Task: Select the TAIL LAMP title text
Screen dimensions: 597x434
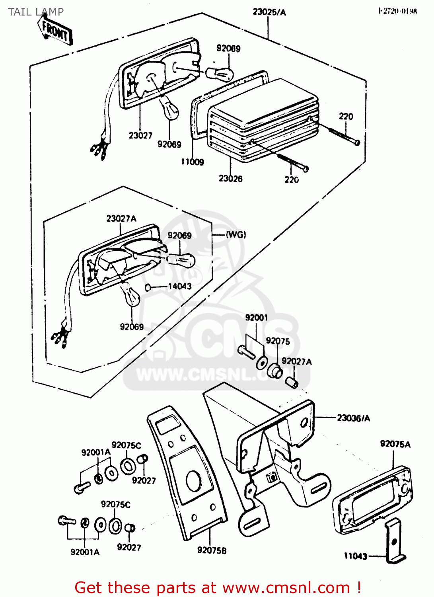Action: [x=36, y=12]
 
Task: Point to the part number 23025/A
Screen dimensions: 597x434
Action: [x=269, y=12]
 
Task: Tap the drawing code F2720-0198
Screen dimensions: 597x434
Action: [x=397, y=11]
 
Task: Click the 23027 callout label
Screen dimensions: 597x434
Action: [x=140, y=136]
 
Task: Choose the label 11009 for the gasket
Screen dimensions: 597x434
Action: [x=192, y=162]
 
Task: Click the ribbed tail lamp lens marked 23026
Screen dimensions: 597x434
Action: [x=263, y=119]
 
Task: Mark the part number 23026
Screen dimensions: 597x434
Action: [x=230, y=179]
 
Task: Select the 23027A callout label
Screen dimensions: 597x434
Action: [x=121, y=219]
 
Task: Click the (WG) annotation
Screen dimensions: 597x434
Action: [x=236, y=235]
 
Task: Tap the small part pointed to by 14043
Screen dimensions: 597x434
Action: [x=148, y=287]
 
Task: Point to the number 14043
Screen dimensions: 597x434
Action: [x=180, y=286]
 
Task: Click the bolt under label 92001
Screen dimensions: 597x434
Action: [x=246, y=352]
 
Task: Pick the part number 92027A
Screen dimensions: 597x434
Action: [x=296, y=361]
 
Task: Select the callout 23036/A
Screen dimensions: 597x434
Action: [x=353, y=418]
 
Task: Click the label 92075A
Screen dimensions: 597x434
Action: [x=395, y=444]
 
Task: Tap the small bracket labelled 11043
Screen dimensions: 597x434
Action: [x=393, y=541]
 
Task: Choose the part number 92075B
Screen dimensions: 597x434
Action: [x=212, y=550]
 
